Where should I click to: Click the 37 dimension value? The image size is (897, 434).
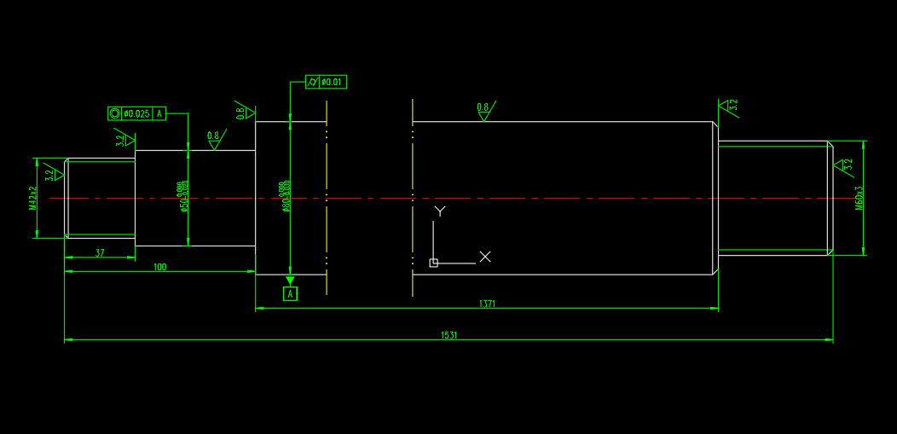tap(100, 252)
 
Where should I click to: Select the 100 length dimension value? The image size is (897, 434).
tap(159, 267)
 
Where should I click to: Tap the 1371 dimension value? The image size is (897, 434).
tap(487, 304)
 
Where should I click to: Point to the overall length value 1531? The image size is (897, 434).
tap(448, 335)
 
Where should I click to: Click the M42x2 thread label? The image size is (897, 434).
tap(33, 198)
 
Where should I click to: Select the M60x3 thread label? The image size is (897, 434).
tap(859, 197)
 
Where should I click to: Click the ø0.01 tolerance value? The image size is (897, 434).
tap(332, 82)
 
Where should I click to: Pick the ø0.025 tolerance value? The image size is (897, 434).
tap(136, 113)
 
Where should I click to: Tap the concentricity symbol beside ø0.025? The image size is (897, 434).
tap(114, 113)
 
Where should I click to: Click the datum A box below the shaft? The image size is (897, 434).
tap(290, 294)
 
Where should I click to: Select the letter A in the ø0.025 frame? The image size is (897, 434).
tap(159, 113)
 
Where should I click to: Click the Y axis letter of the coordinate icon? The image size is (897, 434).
tap(440, 210)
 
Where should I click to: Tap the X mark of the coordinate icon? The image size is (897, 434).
tap(485, 256)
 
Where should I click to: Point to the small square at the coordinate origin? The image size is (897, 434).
tap(433, 263)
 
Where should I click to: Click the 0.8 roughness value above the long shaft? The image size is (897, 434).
tap(483, 107)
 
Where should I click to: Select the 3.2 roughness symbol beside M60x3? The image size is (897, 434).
tap(846, 164)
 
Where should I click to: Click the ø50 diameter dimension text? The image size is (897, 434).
tap(182, 197)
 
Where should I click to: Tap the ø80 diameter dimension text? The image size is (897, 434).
tap(285, 197)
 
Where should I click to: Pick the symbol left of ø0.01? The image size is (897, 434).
tap(312, 82)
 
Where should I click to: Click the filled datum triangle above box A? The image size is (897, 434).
tap(290, 281)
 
